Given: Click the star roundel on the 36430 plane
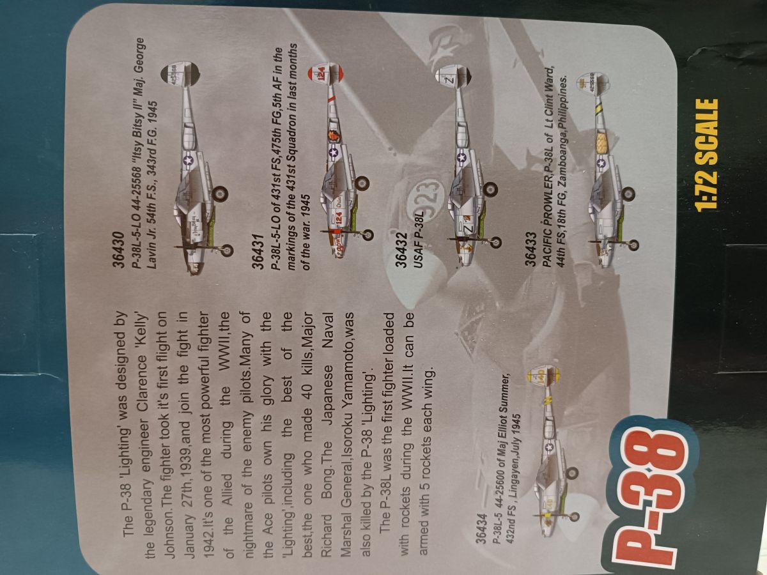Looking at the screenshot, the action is (189, 160).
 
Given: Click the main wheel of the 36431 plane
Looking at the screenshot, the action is (362, 183).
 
